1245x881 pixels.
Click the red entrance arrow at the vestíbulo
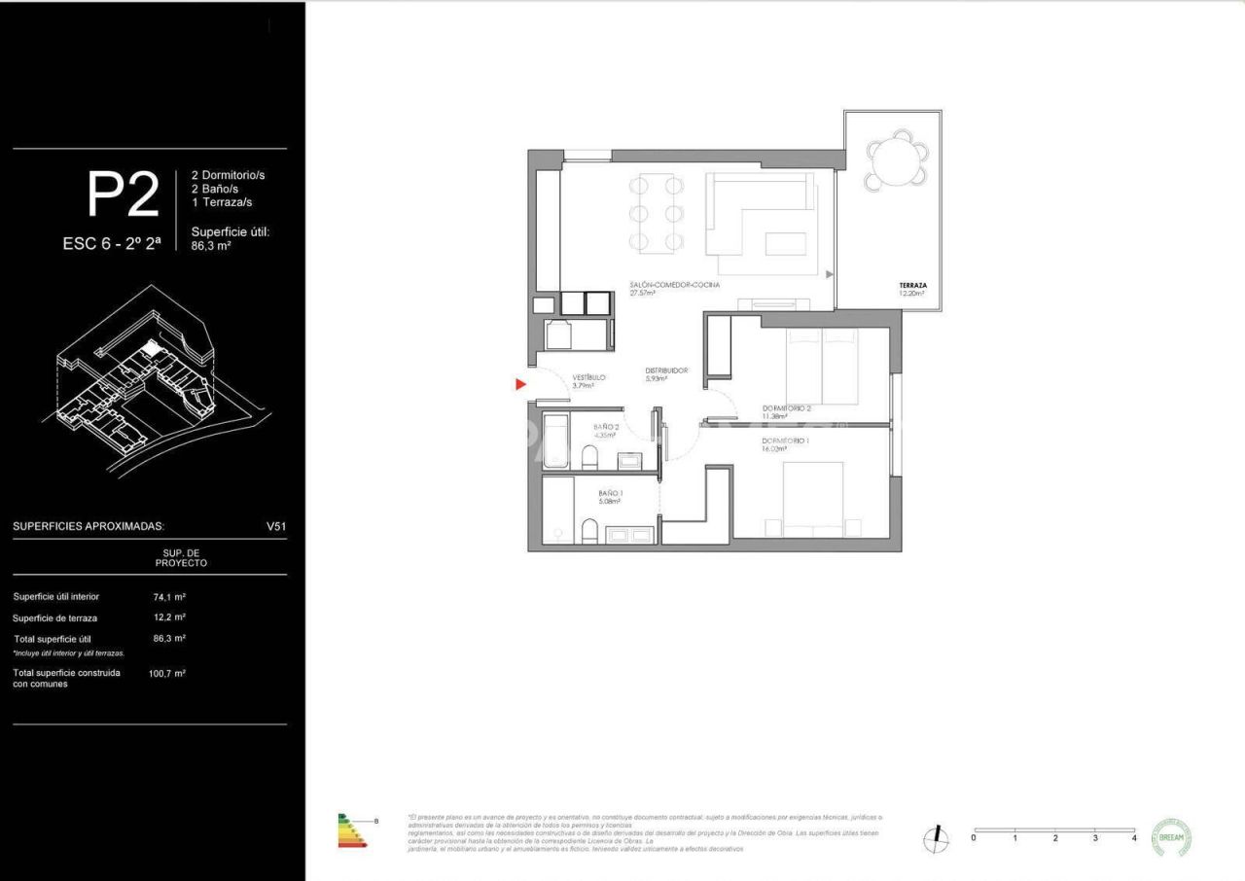coord(521,385)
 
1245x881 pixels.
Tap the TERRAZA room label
coord(912,286)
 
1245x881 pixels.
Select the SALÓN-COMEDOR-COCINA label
coord(674,285)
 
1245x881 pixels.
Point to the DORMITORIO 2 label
coord(786,408)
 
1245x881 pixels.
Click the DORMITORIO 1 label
coord(785,441)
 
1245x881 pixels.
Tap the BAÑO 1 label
coord(611,493)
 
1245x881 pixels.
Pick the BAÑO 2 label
coord(605,427)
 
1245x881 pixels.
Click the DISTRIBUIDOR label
coord(666,370)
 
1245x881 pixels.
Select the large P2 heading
coord(123,194)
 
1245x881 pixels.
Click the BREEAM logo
coord(1171,837)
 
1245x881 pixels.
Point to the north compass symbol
coord(937,837)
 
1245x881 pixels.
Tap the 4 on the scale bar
coord(1134,837)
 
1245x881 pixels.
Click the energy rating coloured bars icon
coord(352,830)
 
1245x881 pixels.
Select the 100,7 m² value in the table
coord(167,673)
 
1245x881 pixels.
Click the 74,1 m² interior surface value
coord(169,597)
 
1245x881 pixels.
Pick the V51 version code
coord(276,526)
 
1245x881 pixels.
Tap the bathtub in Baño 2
coord(555,441)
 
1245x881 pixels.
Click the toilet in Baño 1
coord(587,531)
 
